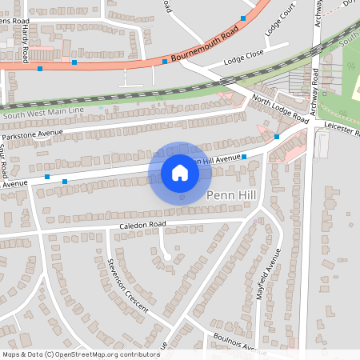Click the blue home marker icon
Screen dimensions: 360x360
pyautogui.click(x=180, y=173)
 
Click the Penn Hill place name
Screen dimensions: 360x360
pyautogui.click(x=230, y=195)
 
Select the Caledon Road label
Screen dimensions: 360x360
pyautogui.click(x=138, y=225)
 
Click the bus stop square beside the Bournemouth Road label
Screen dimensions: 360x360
pyautogui.click(x=165, y=61)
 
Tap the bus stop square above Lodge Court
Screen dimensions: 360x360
pyautogui.click(x=243, y=18)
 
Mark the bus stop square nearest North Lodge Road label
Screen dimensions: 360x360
pyautogui.click(x=277, y=137)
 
